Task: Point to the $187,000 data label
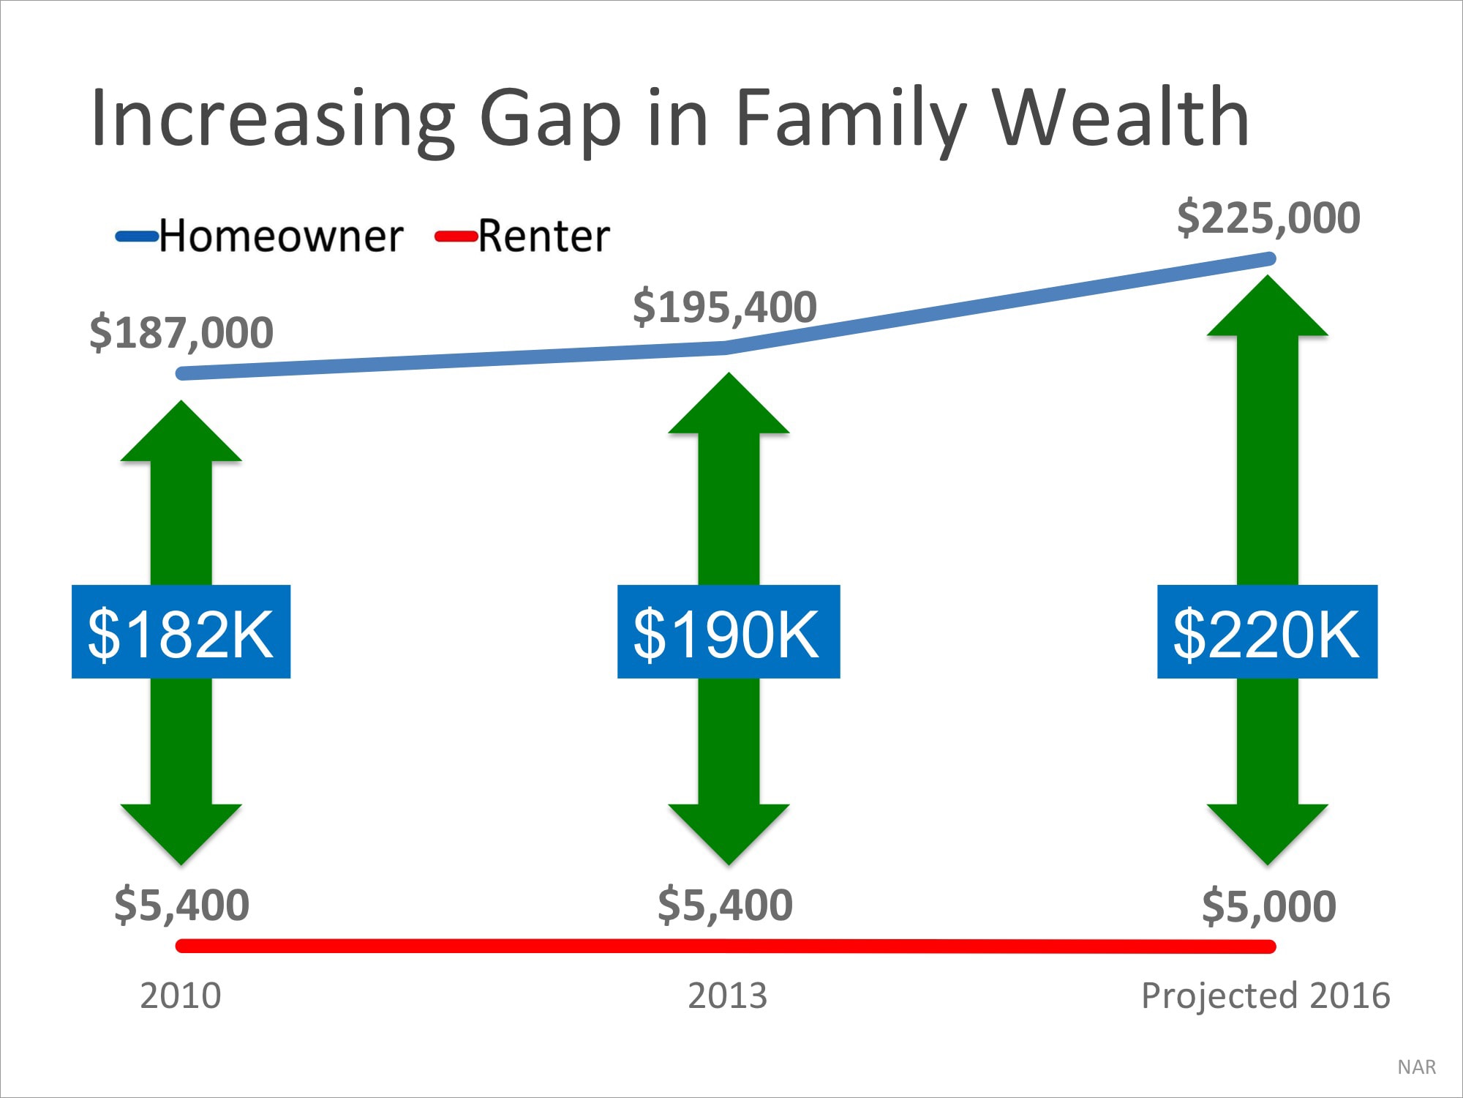pos(181,333)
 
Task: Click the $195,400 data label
pos(724,307)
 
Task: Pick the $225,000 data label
pos(1268,218)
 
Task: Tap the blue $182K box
pos(181,632)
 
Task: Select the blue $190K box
pos(728,632)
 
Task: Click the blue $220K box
pos(1267,632)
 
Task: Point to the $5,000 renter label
pos(1268,906)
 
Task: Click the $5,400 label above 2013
pos(725,905)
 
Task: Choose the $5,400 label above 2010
pos(181,905)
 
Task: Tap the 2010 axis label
pos(180,996)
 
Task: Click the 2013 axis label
pos(727,996)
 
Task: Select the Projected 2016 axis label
pos(1265,996)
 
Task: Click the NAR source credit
pos(1416,1067)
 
